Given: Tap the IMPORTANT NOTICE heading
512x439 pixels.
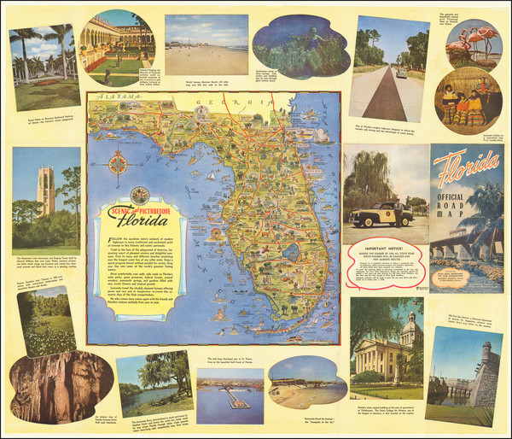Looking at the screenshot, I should pos(381,255).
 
